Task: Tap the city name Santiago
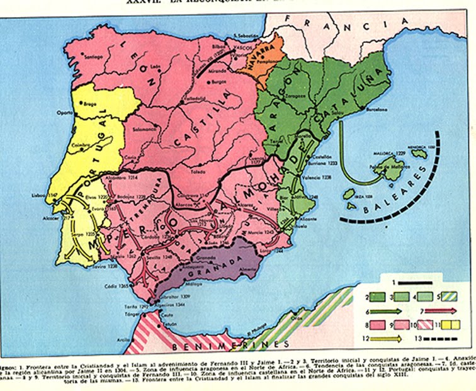pos(92,57)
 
